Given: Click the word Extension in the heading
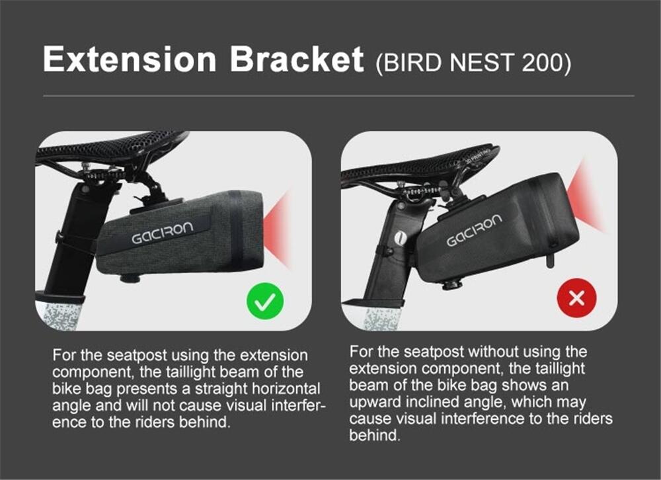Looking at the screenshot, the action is coord(130,59).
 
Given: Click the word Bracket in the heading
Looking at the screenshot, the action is coord(297,59).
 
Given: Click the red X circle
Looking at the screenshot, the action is coord(576,298).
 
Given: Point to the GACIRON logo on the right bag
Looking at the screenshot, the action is coord(475,230).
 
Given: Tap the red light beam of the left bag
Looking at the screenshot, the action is coord(278,227).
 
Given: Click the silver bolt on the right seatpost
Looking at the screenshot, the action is coord(400,238).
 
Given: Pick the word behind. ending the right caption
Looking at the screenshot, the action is coord(374,435).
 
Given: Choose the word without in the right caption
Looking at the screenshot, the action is coord(493,351).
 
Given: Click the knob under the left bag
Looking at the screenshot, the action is coord(130,278).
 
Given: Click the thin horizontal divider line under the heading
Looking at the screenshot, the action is coord(338,96).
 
